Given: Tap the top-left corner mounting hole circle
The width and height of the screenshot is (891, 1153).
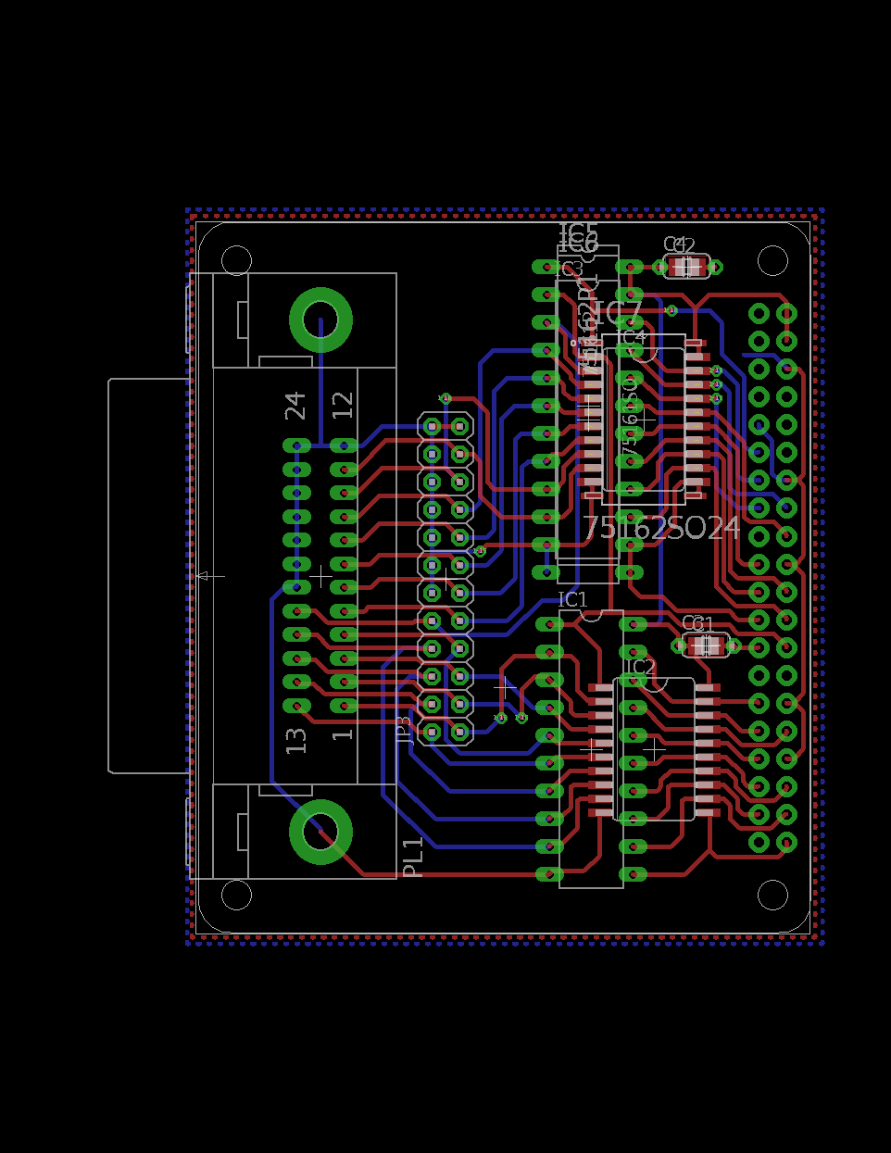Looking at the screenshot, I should [237, 260].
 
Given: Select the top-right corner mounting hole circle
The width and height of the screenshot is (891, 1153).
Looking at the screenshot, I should [772, 260].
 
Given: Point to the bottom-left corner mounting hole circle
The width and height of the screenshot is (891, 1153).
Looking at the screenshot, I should [237, 895].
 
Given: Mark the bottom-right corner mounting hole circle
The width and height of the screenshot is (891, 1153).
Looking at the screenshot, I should [772, 895].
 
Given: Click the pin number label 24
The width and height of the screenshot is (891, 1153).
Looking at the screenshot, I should [295, 405].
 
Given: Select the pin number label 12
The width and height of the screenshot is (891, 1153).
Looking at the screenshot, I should [343, 405].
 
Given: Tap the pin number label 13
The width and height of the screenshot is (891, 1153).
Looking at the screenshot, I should [295, 740].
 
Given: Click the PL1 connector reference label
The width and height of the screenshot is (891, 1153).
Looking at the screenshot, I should [413, 858].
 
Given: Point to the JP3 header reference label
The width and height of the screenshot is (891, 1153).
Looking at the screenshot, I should [405, 731].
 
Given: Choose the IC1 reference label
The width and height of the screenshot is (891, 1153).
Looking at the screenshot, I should [572, 600].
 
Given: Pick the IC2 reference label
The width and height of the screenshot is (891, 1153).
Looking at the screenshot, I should [640, 667].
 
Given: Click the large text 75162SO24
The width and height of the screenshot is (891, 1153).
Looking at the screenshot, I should [661, 528].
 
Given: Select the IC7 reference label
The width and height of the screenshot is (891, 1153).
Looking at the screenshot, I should [618, 313].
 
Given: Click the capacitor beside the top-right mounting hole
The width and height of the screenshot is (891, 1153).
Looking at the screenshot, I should [686, 267].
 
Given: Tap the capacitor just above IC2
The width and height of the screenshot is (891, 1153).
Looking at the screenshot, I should [706, 645].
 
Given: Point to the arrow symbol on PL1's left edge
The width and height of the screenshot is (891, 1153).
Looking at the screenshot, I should [209, 576].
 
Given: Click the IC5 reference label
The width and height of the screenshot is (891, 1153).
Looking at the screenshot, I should [578, 232].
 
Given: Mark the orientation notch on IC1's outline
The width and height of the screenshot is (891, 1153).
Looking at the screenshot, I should [591, 613].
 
